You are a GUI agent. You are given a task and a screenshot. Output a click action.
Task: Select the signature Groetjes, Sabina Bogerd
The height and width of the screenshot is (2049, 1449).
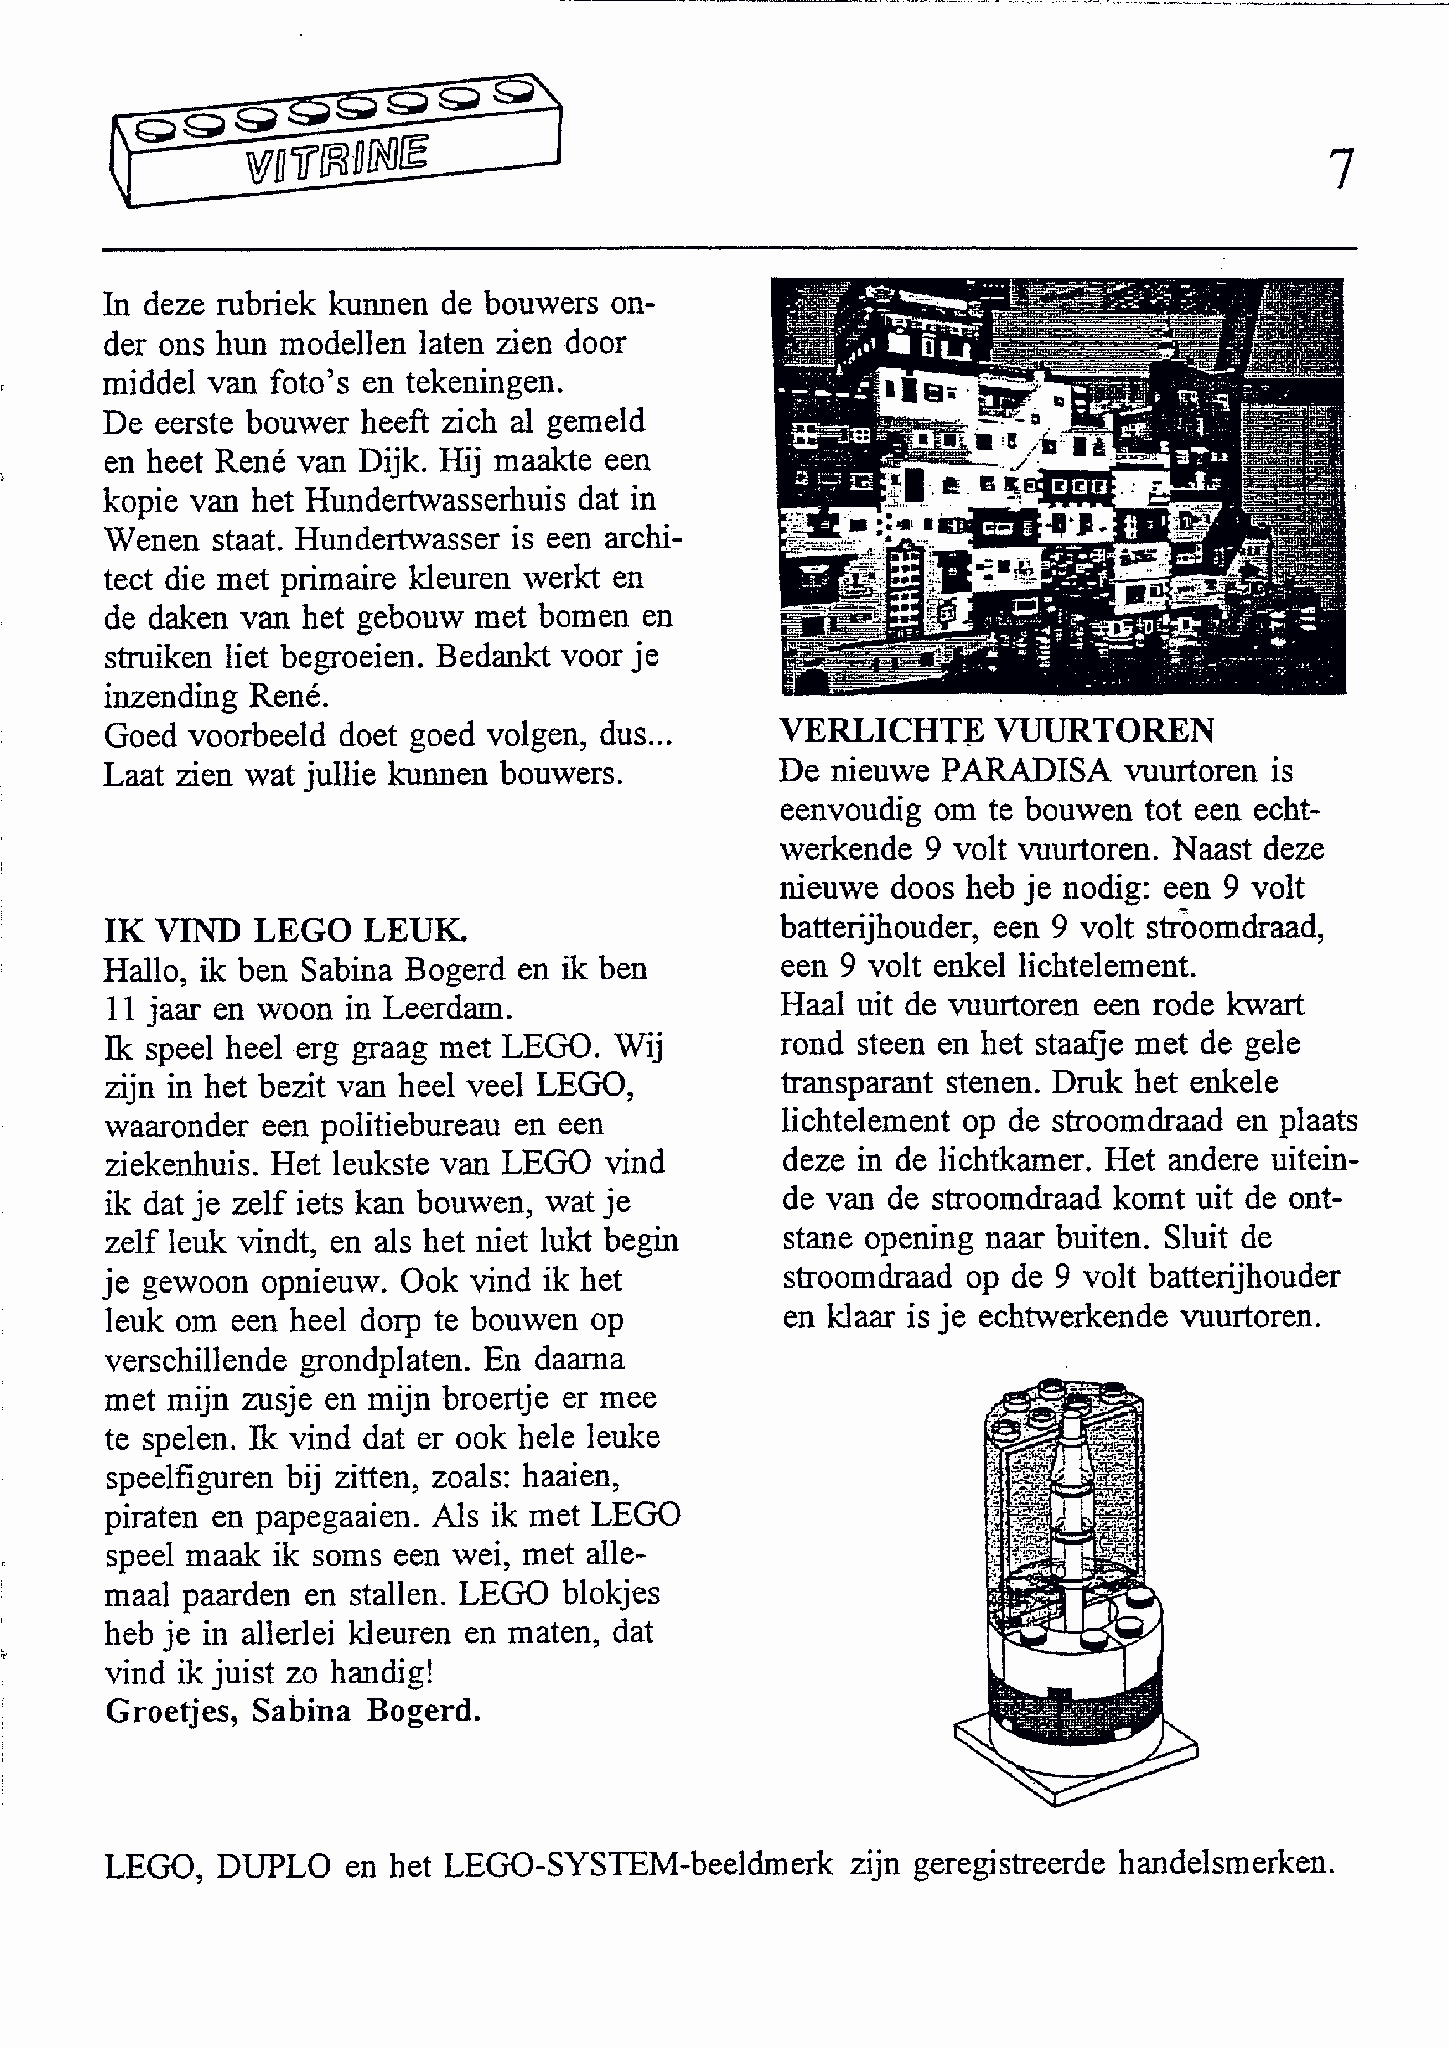(x=293, y=1710)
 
